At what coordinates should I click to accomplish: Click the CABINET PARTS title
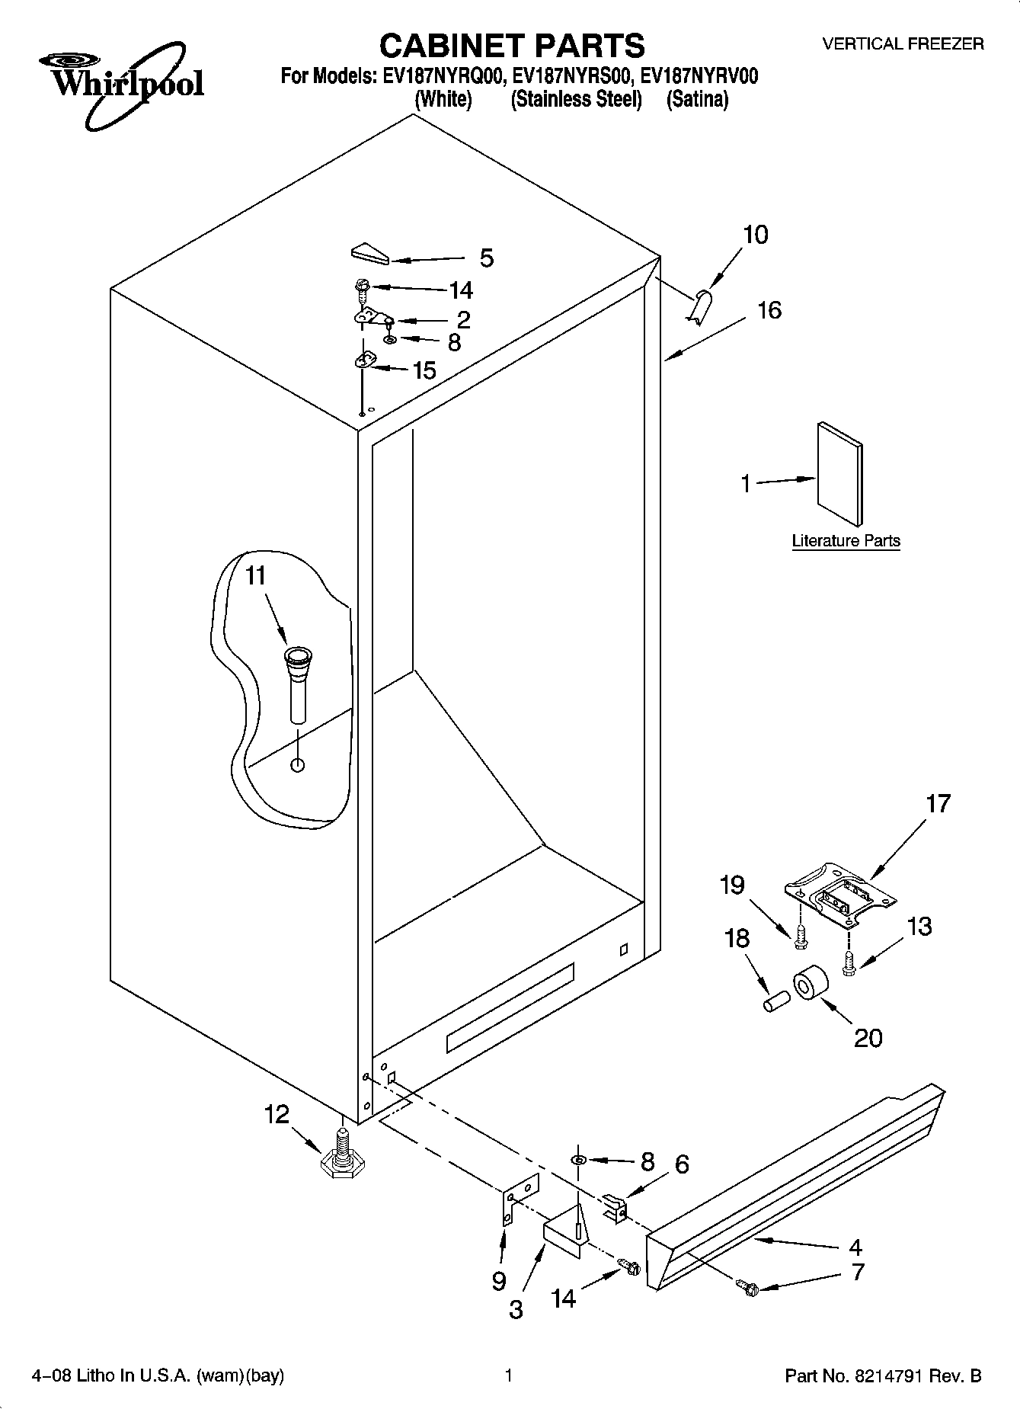511,45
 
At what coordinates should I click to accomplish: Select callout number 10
755,235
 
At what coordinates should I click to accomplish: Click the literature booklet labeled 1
840,474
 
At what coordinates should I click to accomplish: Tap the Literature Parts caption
846,541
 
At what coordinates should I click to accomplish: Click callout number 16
769,311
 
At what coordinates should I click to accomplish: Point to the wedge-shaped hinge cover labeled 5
370,254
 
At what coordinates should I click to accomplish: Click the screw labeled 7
746,1287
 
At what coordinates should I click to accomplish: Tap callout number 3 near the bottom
516,1309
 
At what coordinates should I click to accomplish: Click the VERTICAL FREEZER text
903,44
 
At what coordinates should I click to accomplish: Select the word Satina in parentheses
697,99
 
